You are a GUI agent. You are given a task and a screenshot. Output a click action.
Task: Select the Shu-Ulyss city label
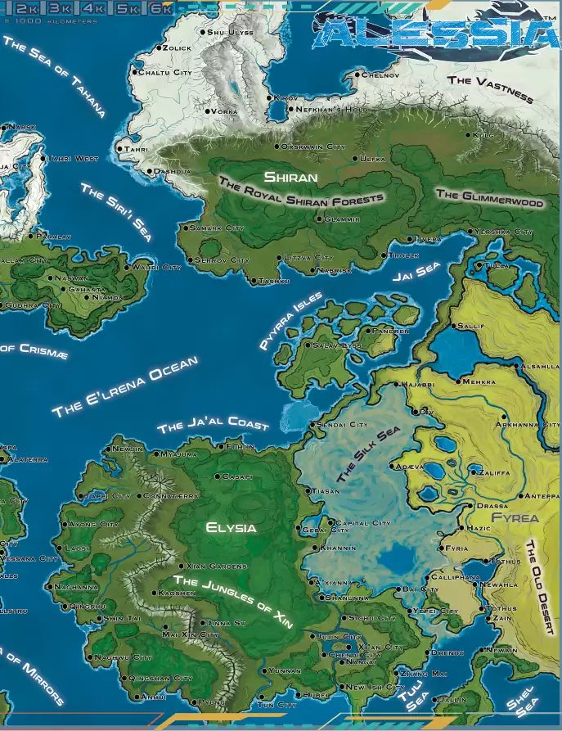pos(232,32)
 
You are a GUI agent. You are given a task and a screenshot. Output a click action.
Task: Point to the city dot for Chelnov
pos(358,75)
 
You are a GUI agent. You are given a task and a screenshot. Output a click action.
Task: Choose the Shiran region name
pos(290,177)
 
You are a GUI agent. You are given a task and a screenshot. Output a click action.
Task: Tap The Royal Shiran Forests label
pos(301,193)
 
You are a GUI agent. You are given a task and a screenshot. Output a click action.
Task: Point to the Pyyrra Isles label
pos(290,322)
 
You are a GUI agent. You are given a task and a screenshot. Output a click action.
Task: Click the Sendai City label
pos(344,425)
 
